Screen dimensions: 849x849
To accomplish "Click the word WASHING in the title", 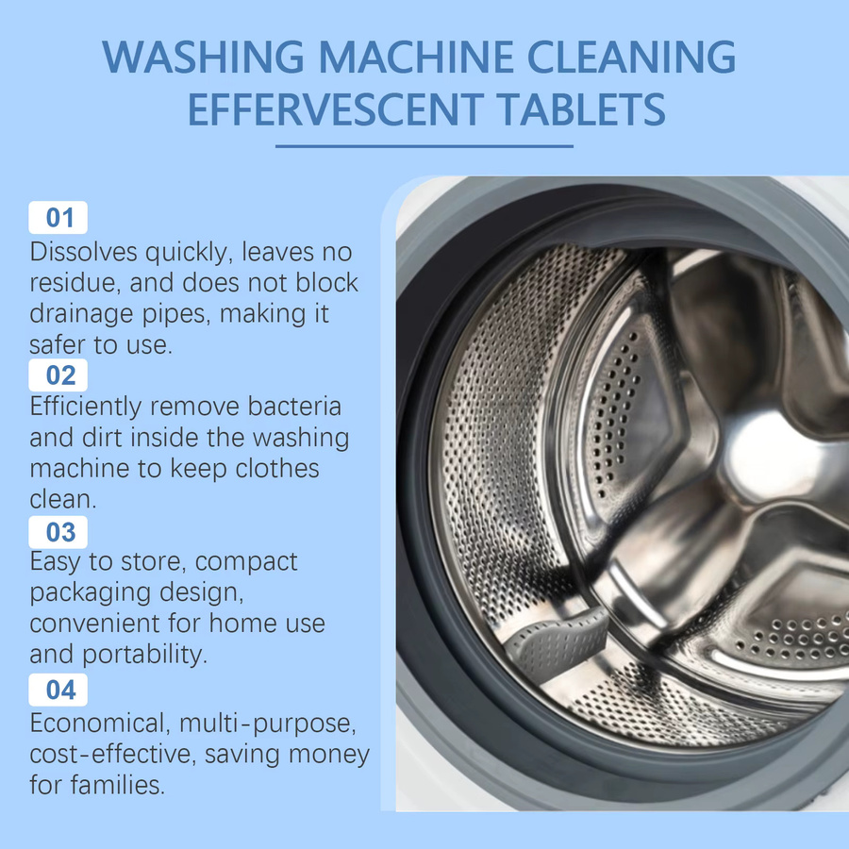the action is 203,57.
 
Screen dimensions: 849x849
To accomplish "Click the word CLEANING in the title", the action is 631,57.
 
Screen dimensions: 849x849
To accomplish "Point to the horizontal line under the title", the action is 424,146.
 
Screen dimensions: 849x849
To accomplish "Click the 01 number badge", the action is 58,218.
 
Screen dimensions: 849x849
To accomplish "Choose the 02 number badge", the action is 58,375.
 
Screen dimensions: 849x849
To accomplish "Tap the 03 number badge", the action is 58,532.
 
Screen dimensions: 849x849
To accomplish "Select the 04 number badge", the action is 58,690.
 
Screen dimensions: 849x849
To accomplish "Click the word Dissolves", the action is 83,252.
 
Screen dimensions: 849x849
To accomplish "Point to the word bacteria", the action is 294,406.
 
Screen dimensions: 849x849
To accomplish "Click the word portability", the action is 144,655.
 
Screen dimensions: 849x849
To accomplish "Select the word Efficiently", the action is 86,408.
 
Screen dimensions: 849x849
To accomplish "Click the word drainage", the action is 81,314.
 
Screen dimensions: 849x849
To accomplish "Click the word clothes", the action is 277,468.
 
